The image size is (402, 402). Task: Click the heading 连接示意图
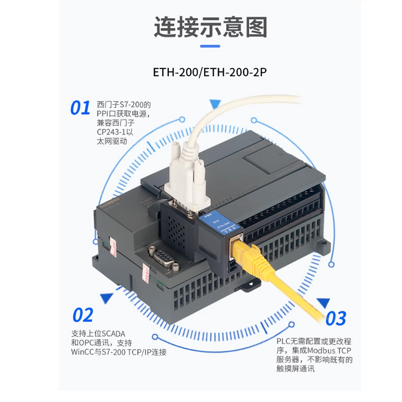(x=210, y=27)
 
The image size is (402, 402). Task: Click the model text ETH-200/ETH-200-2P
(x=210, y=72)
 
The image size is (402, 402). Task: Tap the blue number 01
(x=80, y=108)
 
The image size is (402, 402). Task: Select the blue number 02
(x=83, y=315)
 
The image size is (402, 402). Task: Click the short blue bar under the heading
(x=210, y=46)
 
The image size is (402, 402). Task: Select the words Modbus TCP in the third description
(x=329, y=351)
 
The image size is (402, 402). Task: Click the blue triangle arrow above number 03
(x=323, y=303)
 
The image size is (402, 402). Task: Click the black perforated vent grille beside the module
(x=176, y=226)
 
